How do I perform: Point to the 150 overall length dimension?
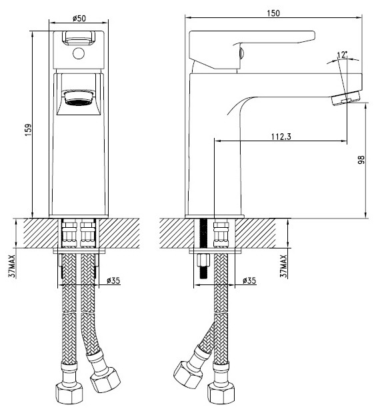click(274, 13)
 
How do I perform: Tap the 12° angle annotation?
click(343, 55)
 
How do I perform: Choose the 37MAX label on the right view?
click(284, 265)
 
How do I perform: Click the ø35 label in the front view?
click(113, 280)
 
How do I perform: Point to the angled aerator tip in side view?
click(344, 99)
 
